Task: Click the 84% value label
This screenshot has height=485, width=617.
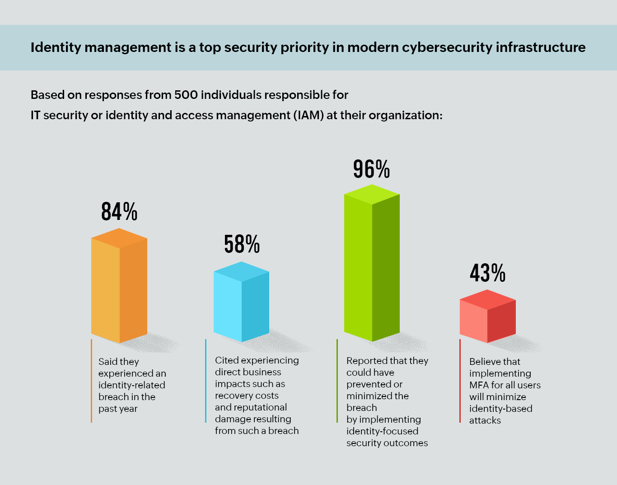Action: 119,211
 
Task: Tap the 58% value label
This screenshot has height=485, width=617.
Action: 242,244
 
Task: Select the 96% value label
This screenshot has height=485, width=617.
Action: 371,169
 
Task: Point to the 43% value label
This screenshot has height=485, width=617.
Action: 487,273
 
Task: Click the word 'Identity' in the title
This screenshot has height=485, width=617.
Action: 56,47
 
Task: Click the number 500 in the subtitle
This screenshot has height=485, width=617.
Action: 186,95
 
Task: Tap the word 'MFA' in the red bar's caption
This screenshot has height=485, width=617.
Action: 479,385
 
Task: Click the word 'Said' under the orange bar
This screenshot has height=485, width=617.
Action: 107,362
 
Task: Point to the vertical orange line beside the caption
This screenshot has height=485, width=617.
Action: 91,381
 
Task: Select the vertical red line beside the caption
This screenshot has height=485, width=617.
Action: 460,381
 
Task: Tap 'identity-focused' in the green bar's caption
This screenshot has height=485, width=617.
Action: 382,431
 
